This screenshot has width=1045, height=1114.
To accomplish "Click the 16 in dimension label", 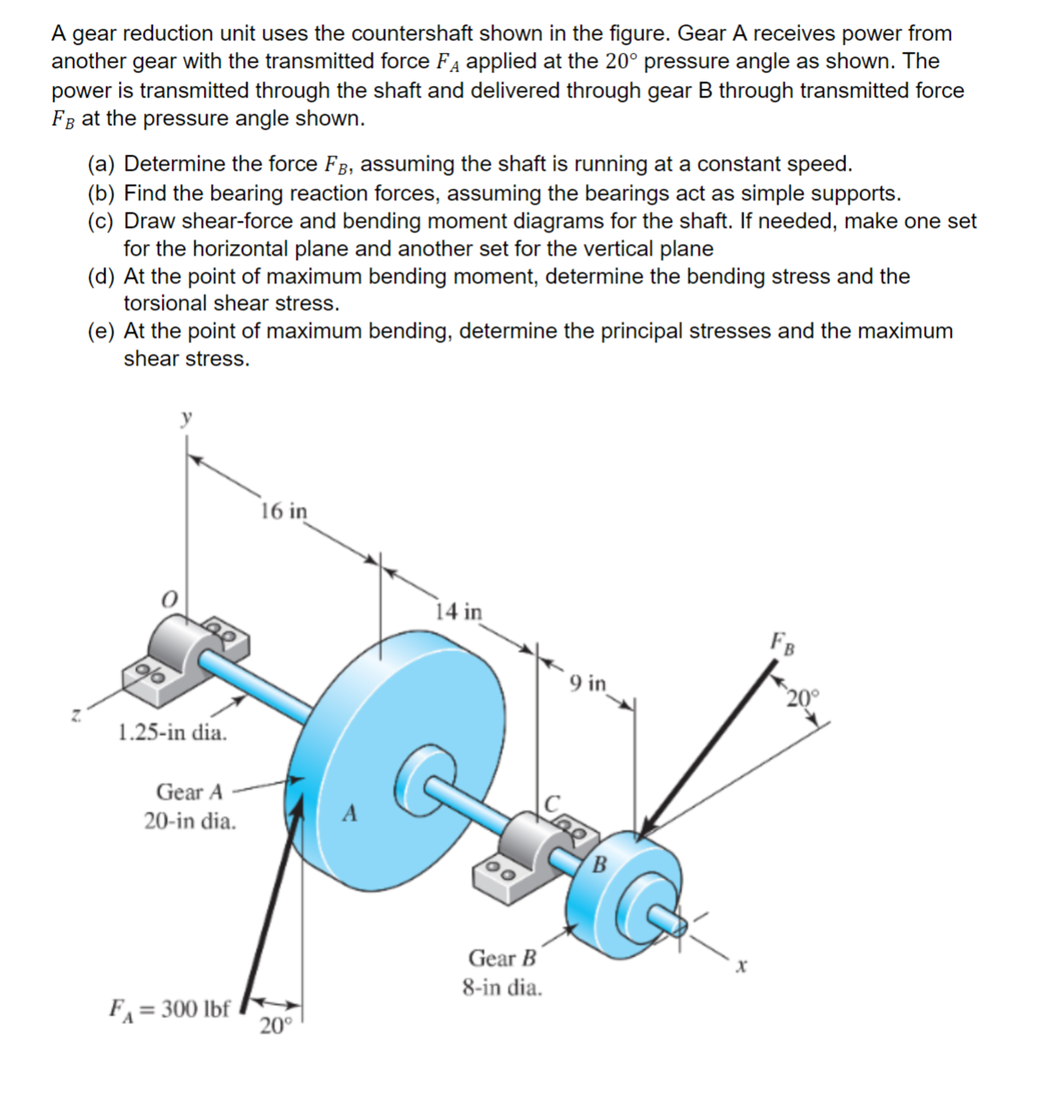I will tap(283, 511).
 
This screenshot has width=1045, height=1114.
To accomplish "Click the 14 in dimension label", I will tap(458, 611).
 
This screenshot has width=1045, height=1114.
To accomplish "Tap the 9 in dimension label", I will tap(587, 683).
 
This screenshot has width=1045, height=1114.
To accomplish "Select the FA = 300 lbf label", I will tap(169, 1009).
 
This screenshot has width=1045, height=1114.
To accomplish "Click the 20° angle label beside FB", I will tap(802, 698).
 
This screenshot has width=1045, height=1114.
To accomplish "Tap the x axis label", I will tap(741, 966).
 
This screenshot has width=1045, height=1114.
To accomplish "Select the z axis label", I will tap(77, 714).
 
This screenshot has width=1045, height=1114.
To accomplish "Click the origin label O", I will tap(170, 599).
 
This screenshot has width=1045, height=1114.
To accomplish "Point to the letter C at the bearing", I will tap(552, 803).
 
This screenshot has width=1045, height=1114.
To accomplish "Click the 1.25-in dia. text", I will tap(172, 732).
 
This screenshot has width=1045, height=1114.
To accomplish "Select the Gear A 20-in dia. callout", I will tap(190, 806).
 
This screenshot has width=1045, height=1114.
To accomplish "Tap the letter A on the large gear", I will tap(350, 813).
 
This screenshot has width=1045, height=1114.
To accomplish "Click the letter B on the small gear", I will tap(599, 865).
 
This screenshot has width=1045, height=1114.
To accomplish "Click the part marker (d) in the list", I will tap(101, 276).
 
